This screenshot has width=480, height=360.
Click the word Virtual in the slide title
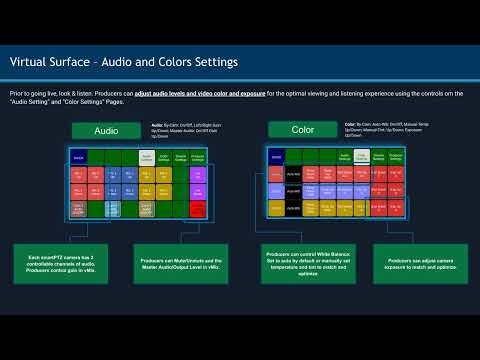pos(29,62)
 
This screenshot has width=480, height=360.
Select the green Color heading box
pos(303,131)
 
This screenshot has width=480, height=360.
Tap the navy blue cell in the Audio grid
pos(79,158)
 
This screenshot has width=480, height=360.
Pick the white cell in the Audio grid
pos(146,158)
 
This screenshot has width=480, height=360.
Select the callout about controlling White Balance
pos(301,271)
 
